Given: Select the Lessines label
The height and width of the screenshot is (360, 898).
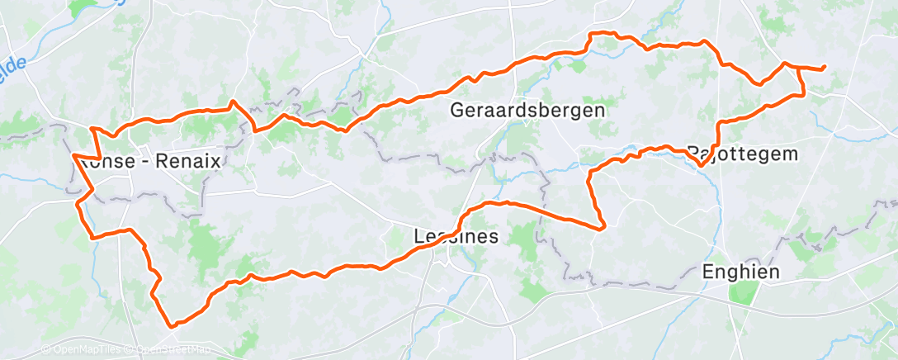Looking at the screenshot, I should pos(455,236).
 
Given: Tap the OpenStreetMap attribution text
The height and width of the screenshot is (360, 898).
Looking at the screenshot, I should pos(169,350).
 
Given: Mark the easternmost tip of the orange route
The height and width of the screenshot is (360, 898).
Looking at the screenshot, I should pos(825,69).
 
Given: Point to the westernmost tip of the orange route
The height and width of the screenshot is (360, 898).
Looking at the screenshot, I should pos(73,155).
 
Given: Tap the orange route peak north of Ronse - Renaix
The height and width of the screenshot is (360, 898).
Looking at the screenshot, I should pos(233,102).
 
